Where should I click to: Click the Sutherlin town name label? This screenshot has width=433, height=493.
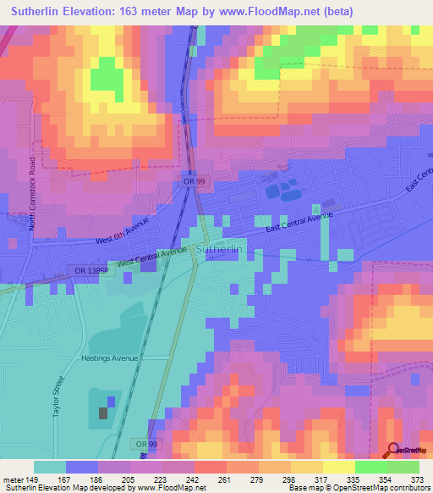[219, 251]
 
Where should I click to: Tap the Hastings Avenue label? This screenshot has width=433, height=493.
[108, 358]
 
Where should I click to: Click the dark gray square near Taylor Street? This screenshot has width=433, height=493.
[103, 413]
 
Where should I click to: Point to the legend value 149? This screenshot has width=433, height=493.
[33, 479]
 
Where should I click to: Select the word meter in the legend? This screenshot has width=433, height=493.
[14, 479]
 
